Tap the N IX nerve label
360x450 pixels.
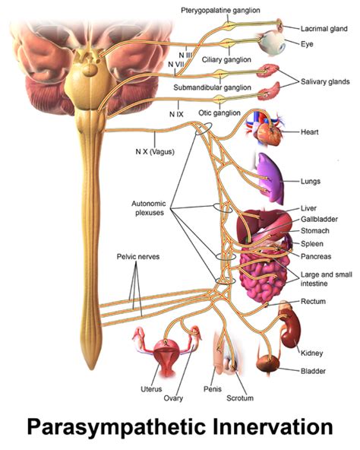175,113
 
